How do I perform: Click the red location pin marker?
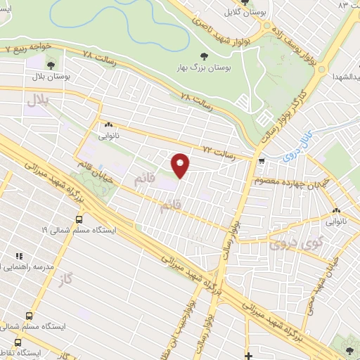click(181, 165)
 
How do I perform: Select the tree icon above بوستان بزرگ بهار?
click(205, 56)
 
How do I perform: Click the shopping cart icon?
click(262, 161)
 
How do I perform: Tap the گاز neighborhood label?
click(67, 274)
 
